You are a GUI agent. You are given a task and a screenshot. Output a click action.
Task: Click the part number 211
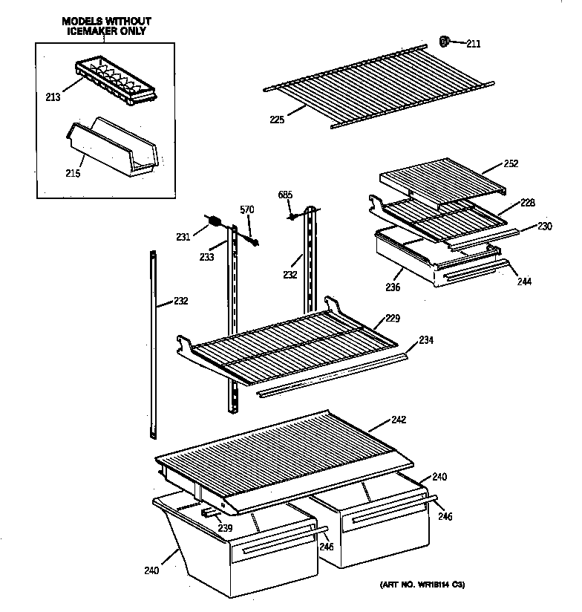point(473,44)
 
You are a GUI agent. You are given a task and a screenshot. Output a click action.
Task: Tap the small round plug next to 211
point(445,42)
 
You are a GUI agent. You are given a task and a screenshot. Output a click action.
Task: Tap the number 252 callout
point(510,163)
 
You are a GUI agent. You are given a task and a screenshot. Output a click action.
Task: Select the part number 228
point(527,203)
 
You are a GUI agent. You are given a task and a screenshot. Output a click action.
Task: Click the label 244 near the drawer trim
point(524,281)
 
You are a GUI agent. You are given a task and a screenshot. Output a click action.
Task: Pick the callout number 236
point(393,287)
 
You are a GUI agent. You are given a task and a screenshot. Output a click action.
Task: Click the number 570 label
point(246,209)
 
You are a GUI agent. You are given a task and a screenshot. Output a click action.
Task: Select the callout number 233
point(206,256)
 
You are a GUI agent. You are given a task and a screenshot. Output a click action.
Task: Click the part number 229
point(393,319)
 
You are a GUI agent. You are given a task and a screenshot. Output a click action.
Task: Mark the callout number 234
point(425,340)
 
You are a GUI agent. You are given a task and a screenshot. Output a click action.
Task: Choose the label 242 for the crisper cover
point(398,420)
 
